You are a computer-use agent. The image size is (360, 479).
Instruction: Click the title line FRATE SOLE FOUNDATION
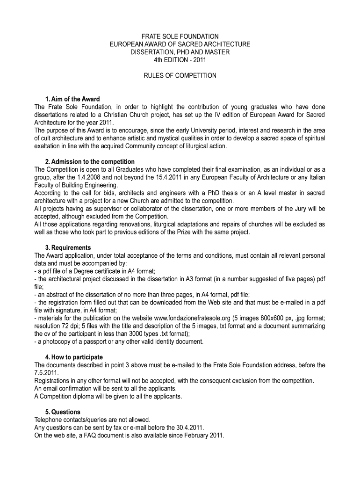pos(180,36)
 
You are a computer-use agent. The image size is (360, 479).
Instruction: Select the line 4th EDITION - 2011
pos(180,60)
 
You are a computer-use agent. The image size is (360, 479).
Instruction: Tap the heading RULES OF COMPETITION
pos(180,75)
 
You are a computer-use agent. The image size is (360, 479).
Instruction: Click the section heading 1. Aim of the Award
pos(72,99)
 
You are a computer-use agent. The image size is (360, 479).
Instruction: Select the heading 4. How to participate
pos(74,357)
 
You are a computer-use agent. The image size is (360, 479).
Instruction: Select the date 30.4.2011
pos(190,428)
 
